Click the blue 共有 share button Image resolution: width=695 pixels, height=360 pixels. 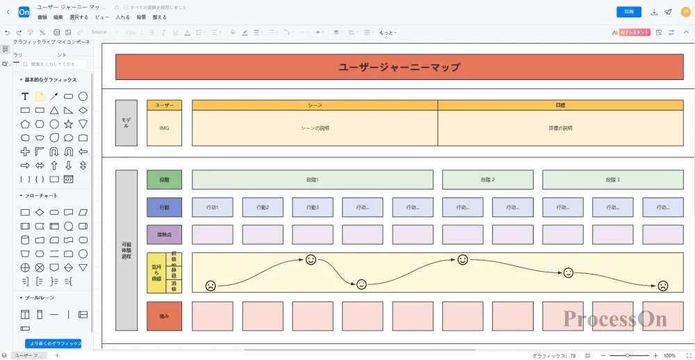(629, 12)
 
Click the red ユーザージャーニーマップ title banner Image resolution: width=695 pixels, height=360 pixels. (399, 67)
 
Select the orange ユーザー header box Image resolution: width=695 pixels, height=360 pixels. (164, 105)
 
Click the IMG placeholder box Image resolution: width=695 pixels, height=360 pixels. (164, 128)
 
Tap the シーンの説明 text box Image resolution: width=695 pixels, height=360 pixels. (315, 128)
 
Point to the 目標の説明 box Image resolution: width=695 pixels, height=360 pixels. (560, 128)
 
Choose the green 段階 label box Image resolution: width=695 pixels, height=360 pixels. (164, 179)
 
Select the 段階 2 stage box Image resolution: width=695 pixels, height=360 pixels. (487, 179)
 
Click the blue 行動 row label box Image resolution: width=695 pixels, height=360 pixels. (164, 207)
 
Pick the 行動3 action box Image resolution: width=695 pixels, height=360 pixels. (312, 207)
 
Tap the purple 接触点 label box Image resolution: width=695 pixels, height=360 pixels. (164, 235)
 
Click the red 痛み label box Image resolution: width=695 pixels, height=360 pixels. (164, 316)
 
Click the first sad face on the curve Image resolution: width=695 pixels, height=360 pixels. (210, 285)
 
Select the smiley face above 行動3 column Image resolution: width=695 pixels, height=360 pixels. (311, 260)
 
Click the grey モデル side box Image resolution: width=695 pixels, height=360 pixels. (126, 122)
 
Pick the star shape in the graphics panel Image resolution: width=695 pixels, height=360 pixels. (69, 124)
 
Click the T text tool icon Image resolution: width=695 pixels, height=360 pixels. (25, 97)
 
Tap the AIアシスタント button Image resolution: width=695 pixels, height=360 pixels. (631, 32)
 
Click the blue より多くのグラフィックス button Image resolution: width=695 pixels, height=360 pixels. (54, 343)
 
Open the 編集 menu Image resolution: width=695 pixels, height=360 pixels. (58, 17)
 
